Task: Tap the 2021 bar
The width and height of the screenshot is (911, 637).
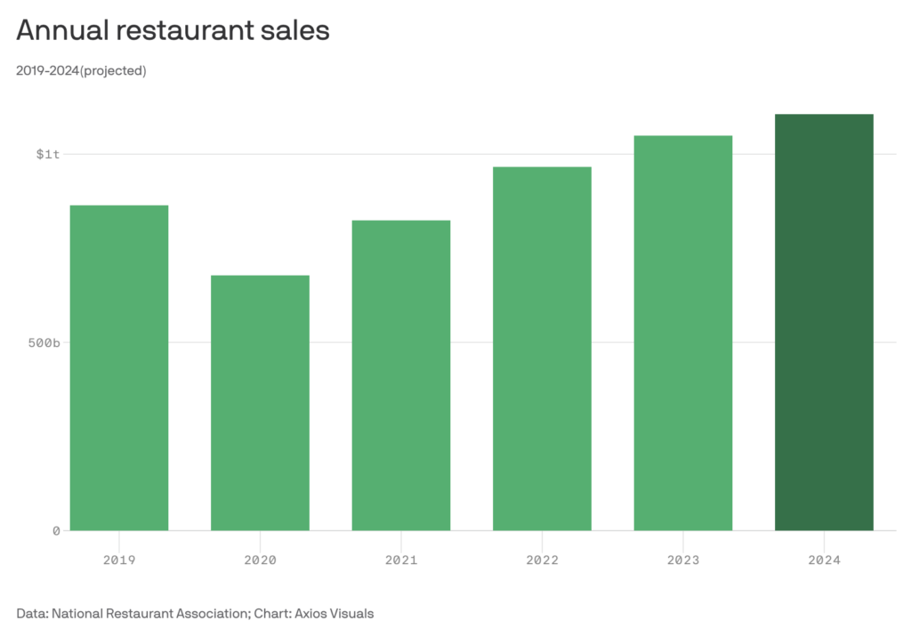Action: click(401, 375)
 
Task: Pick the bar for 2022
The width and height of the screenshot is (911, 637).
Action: click(542, 348)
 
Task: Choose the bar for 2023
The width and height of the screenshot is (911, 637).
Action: click(683, 333)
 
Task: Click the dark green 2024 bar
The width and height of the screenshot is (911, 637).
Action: click(824, 322)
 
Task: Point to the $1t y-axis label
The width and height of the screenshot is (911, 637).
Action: click(48, 155)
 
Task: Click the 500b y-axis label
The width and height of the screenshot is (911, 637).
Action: click(44, 343)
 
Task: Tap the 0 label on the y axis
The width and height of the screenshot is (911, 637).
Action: click(55, 531)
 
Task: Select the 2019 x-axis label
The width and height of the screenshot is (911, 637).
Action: click(119, 560)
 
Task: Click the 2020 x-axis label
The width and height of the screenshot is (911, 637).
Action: click(260, 560)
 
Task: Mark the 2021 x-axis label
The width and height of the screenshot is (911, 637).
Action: click(401, 560)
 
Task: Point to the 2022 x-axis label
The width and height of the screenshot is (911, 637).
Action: click(542, 560)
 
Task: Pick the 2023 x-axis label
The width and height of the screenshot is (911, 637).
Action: click(683, 560)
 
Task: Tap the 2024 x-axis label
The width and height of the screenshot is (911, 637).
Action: click(824, 560)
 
